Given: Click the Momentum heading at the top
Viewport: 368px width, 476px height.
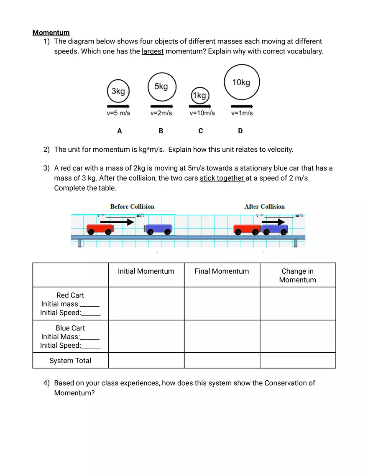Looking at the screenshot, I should (x=51, y=33).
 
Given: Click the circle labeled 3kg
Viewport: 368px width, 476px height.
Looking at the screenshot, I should (x=118, y=91).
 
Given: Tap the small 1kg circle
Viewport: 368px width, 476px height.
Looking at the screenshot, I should (x=199, y=96).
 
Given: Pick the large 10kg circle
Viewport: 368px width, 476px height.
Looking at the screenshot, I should (x=242, y=82).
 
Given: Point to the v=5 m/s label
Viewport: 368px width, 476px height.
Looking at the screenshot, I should (x=118, y=113).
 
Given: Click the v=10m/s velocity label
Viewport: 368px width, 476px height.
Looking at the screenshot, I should (x=202, y=113).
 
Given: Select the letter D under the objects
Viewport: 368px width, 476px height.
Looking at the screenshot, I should (x=240, y=131).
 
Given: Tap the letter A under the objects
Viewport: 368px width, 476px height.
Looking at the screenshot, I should (x=120, y=131).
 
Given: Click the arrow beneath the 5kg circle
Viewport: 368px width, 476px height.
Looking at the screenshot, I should (x=161, y=106).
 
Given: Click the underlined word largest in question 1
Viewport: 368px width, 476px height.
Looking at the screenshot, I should (x=152, y=51).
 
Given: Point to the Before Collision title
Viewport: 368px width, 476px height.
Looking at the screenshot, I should (x=132, y=206).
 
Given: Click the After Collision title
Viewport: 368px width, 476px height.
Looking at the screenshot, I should (x=264, y=206).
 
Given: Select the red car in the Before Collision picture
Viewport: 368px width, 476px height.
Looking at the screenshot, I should (x=100, y=229).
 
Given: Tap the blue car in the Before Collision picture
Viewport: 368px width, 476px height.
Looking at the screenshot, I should (x=158, y=229).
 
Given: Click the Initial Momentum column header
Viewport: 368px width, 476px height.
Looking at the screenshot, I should (x=146, y=271).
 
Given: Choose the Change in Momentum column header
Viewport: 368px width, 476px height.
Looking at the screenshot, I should (x=297, y=275).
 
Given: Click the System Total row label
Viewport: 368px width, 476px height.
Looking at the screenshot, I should (x=70, y=361).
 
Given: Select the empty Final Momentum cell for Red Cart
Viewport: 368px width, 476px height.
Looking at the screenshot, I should (x=222, y=303).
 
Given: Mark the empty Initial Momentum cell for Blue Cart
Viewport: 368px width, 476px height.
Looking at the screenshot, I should (x=146, y=336).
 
